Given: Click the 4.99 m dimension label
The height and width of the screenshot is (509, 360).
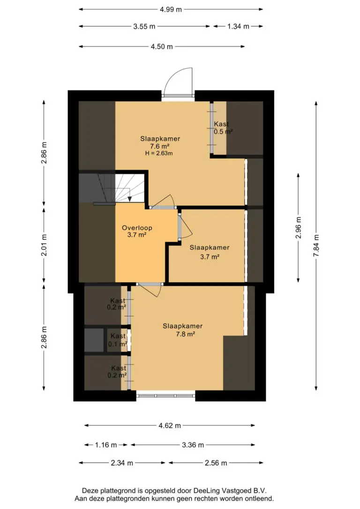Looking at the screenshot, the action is (171, 9).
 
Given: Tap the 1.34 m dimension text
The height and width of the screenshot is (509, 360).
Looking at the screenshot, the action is (238, 27).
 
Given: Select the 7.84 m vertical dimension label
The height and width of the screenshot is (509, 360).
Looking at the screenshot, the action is (316, 246).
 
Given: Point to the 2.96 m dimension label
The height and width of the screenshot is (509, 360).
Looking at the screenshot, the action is (299, 228).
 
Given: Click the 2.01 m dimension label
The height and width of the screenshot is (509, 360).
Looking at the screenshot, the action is (44, 245).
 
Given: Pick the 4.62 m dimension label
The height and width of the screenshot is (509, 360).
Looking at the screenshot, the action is (170, 426).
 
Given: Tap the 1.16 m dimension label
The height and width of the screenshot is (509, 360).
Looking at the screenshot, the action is (106, 445).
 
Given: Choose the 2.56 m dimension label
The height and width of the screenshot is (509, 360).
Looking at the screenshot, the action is (216, 463).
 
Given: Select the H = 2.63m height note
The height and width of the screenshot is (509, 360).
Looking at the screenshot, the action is (159, 153).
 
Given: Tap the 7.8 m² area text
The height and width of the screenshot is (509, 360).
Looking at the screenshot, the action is (185, 334).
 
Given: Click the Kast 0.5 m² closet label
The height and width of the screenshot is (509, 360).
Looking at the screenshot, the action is (223, 128).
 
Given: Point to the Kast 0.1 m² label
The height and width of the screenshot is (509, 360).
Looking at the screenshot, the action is (118, 340).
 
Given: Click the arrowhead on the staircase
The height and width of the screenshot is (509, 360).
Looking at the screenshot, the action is (129, 199).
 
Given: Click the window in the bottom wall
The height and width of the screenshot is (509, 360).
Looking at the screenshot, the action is (165, 396).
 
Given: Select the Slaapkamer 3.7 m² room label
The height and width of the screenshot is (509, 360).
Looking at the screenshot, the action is (210, 252).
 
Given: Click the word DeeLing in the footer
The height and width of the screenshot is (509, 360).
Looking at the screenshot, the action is (206, 491).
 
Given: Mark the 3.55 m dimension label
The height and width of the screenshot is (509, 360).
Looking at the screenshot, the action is (144, 27).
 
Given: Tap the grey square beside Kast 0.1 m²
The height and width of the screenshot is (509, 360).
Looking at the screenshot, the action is (94, 340).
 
